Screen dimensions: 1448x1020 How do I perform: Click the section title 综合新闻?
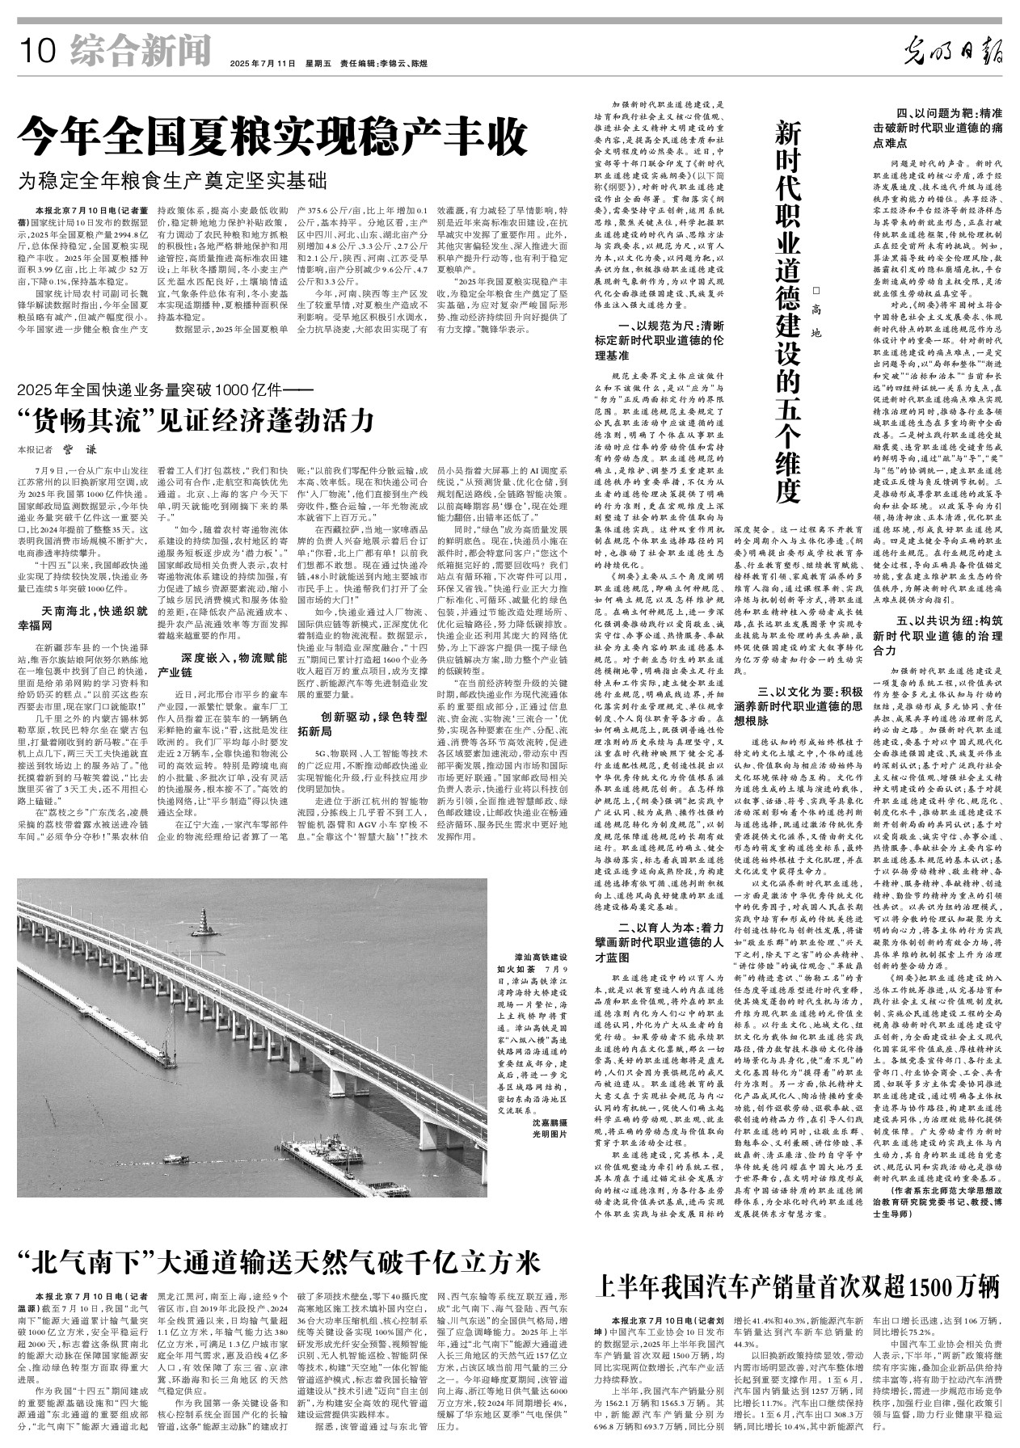click(x=133, y=53)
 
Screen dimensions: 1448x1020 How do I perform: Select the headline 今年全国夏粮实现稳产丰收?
click(x=274, y=137)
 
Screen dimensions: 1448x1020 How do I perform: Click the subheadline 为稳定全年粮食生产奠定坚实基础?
click(x=175, y=180)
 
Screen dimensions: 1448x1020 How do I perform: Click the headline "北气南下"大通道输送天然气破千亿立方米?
click(x=279, y=1261)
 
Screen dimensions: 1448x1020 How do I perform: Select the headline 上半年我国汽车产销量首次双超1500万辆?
click(x=797, y=1284)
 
